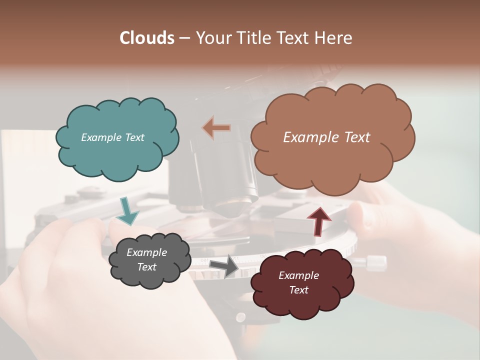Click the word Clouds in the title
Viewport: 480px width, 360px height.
[x=147, y=38]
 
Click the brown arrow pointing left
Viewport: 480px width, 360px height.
[x=216, y=127]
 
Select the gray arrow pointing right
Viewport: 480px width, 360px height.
[x=224, y=265]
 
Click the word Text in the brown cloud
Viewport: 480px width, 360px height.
[x=352, y=137]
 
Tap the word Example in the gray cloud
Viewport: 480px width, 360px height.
[x=146, y=252]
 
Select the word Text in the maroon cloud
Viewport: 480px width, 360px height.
[x=298, y=290]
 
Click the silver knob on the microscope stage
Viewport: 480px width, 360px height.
[x=376, y=262]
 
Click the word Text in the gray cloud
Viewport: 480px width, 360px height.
[x=146, y=267]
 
